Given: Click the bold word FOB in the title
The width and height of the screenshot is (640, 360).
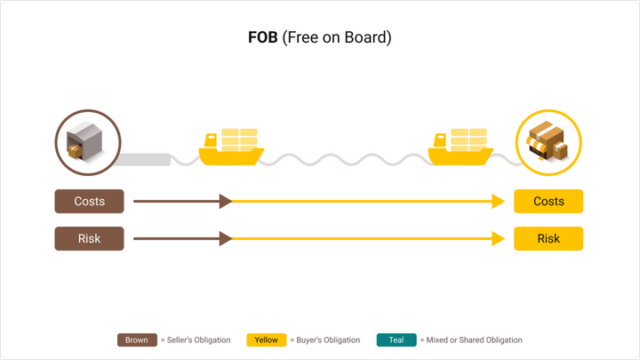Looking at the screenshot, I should [x=263, y=38].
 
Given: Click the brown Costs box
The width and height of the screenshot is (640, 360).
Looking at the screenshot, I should [x=89, y=202].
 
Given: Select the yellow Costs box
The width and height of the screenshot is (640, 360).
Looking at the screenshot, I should [x=548, y=202].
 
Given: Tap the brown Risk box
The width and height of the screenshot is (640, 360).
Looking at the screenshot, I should [x=89, y=239].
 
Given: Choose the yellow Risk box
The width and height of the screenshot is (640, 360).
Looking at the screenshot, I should [x=548, y=239].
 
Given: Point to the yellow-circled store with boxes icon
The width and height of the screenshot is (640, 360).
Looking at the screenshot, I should [x=548, y=143].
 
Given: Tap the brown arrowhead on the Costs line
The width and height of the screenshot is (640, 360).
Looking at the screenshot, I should [x=226, y=202].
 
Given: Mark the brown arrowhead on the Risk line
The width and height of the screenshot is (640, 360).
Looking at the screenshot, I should [x=226, y=239].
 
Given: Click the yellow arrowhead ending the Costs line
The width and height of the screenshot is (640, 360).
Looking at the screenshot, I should [x=499, y=202].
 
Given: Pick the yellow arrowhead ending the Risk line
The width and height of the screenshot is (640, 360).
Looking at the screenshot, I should [x=499, y=239].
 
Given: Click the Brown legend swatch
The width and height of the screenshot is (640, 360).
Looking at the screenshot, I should [x=137, y=340].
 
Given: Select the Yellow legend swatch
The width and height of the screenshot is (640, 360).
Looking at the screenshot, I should [x=266, y=340].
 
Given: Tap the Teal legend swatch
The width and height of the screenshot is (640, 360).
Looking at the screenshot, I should [x=396, y=340].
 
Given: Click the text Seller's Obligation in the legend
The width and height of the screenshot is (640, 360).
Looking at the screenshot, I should [x=198, y=340].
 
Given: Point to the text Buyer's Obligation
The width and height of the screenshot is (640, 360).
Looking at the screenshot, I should [x=328, y=340].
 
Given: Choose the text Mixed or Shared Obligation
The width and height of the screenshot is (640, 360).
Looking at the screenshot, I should [x=474, y=340].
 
